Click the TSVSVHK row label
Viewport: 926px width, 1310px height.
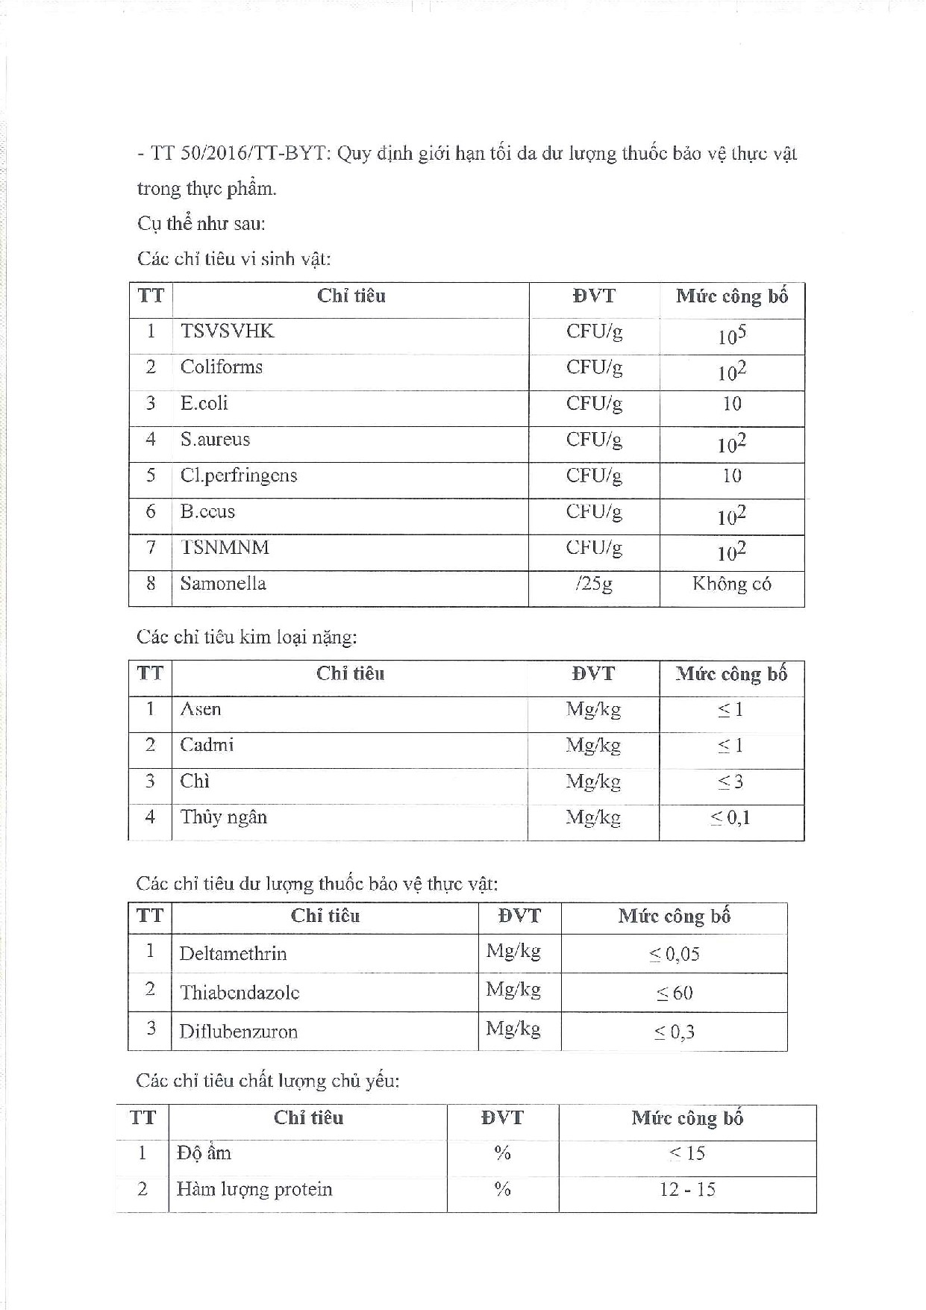[227, 331]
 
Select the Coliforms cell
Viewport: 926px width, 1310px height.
[222, 367]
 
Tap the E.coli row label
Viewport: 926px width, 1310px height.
[204, 403]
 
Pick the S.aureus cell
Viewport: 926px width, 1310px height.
[215, 439]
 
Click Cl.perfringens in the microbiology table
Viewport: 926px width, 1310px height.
[239, 475]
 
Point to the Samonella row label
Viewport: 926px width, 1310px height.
[223, 583]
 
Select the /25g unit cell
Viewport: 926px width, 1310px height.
[594, 584]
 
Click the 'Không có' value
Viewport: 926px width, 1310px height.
[731, 584]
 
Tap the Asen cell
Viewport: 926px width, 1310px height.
[201, 709]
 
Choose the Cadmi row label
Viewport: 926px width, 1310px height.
[207, 745]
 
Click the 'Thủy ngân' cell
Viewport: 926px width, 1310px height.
[223, 817]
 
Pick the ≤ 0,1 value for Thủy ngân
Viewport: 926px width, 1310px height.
[730, 818]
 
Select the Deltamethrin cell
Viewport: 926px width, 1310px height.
[233, 953]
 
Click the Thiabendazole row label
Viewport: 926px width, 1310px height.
[240, 993]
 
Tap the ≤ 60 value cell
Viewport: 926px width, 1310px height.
[675, 994]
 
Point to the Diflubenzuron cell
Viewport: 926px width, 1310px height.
[238, 1032]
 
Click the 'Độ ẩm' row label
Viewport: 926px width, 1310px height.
[204, 1153]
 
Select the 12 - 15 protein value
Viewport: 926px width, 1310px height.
[687, 1189]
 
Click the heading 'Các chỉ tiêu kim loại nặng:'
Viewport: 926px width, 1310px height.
[247, 637]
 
